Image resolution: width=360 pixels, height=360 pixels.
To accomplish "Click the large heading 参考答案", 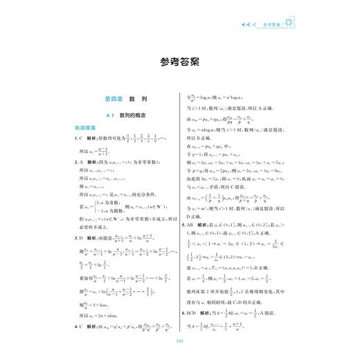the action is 179,60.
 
